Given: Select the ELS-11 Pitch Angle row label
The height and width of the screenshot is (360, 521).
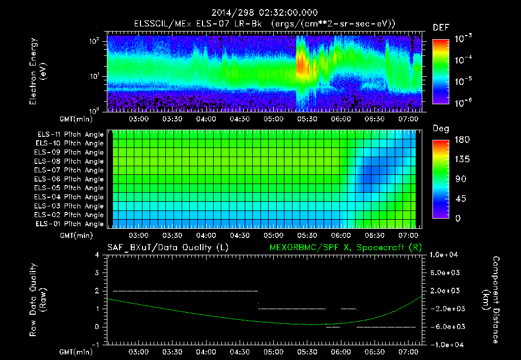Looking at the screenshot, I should pyautogui.click(x=70, y=135).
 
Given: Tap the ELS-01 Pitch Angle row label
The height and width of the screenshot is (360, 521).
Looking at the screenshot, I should pyautogui.click(x=70, y=224).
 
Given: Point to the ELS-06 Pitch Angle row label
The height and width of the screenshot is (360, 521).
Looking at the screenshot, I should pyautogui.click(x=70, y=179).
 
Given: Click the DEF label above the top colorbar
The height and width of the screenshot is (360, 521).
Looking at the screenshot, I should pyautogui.click(x=441, y=28).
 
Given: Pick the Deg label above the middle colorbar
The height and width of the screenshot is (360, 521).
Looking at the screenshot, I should pyautogui.click(x=441, y=129).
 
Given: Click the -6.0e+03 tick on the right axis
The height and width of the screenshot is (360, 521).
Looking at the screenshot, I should pyautogui.click(x=446, y=327).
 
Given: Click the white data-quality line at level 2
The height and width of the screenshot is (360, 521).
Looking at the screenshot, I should pyautogui.click(x=185, y=291).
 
